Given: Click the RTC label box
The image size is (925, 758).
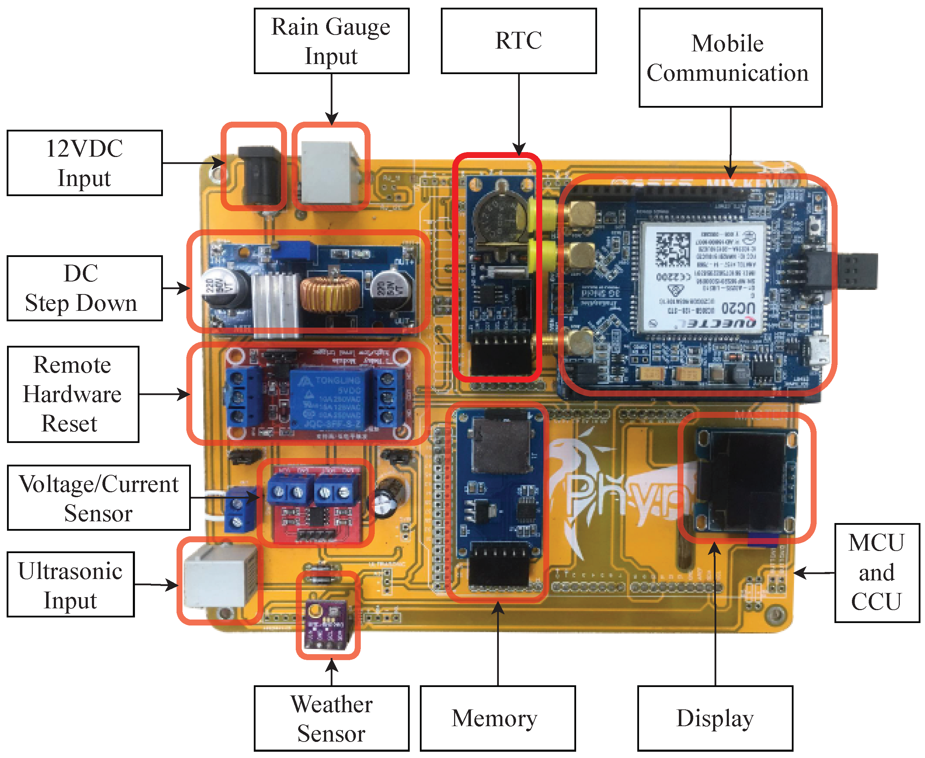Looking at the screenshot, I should click(518, 41).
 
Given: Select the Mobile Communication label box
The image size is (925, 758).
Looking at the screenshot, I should click(730, 58).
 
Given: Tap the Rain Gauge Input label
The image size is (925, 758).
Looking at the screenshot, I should click(331, 41).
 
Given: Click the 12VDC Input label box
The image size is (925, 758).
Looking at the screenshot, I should click(85, 163).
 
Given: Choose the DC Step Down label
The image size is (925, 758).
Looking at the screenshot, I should click(85, 288).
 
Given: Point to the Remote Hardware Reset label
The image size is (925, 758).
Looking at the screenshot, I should click(73, 394).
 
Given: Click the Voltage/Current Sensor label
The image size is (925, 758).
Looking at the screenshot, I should click(99, 498).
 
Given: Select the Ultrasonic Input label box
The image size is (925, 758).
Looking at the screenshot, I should click(70, 584).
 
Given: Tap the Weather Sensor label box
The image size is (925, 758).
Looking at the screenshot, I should click(331, 719).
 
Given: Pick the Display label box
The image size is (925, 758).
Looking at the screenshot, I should click(715, 719).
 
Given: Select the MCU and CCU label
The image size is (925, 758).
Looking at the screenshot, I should click(876, 572).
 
